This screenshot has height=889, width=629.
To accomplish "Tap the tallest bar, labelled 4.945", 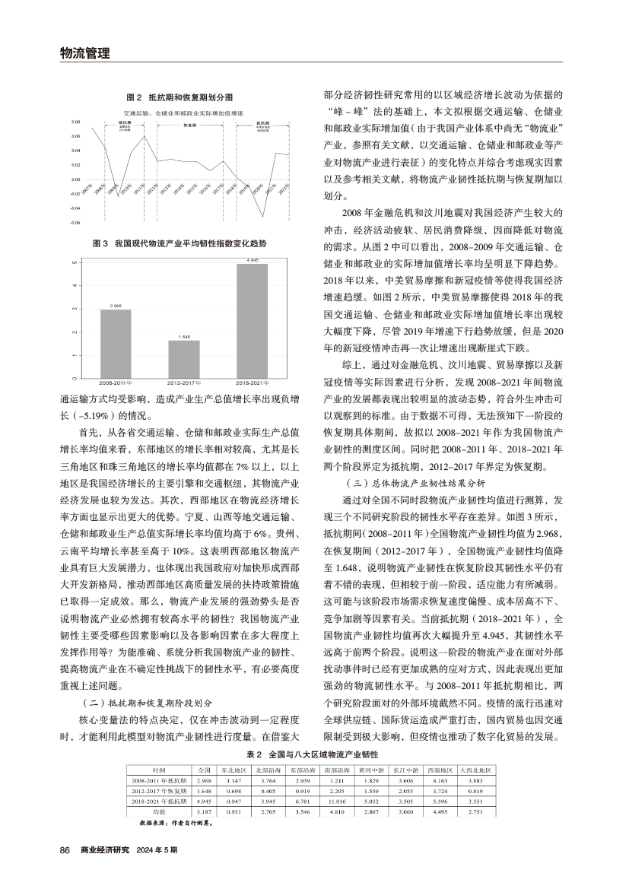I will [253, 320].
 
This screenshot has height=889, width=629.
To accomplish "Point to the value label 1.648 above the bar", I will [184, 335].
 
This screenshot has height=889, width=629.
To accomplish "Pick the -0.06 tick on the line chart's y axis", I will [75, 223].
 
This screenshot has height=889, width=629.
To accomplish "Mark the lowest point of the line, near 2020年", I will [263, 217].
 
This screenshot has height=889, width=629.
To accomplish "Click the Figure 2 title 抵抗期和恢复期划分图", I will [179, 98].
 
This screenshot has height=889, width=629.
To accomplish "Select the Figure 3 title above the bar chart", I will [179, 243].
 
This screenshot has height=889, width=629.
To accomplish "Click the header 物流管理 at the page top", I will [84, 52].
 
